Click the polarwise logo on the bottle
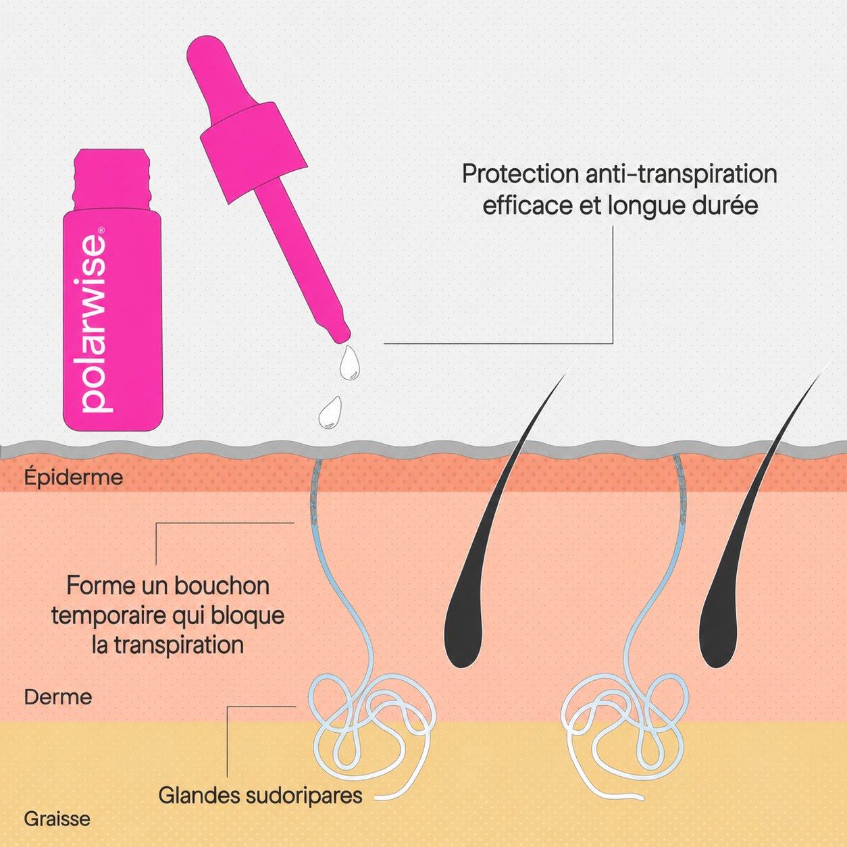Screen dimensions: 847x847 click(93, 324)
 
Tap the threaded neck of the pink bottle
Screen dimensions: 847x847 click(111, 180)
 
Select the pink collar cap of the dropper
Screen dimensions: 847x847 click(253, 153)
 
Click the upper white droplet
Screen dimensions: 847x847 click(350, 363)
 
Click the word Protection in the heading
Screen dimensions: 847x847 click(520, 175)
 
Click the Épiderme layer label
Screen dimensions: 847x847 click(74, 477)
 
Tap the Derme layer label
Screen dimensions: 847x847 click(58, 696)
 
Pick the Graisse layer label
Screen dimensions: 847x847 click(57, 819)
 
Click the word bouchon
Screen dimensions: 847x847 click(222, 586)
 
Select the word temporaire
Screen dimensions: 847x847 click(108, 616)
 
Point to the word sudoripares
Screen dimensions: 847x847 click(304, 796)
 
